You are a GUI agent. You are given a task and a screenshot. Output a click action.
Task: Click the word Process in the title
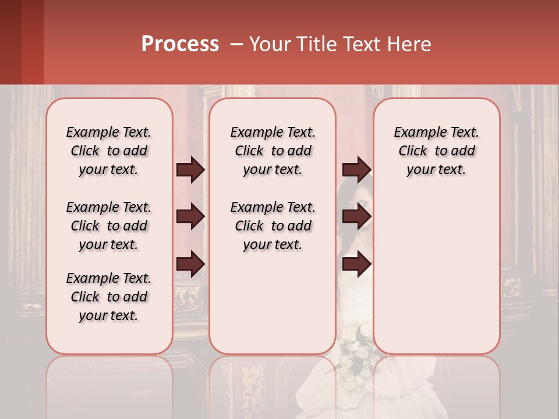(180, 44)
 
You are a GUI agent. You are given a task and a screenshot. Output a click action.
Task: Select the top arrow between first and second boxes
(190, 169)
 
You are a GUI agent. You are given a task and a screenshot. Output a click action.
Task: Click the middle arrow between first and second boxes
(190, 217)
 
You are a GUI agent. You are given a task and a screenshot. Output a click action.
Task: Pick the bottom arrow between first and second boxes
(190, 264)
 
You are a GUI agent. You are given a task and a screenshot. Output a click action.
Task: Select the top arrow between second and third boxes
(356, 169)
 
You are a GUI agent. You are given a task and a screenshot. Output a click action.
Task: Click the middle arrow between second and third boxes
(356, 217)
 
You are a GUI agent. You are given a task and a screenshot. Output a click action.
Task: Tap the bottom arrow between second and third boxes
(356, 264)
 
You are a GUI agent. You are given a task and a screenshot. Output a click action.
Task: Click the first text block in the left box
(109, 151)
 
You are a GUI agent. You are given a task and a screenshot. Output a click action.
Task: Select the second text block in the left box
(109, 226)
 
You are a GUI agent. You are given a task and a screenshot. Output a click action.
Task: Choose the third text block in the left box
(109, 297)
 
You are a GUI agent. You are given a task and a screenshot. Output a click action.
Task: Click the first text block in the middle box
(273, 151)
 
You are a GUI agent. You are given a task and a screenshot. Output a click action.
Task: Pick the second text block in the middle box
(273, 226)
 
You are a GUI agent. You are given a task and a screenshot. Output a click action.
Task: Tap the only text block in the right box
(436, 151)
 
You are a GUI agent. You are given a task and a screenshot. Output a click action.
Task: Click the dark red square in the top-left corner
(22, 42)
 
